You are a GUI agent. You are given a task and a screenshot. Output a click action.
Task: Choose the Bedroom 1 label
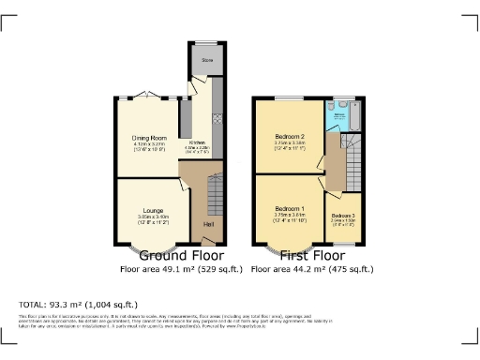291,209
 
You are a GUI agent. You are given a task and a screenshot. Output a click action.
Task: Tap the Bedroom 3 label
342,216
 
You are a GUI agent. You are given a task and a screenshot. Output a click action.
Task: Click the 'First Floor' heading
312,255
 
